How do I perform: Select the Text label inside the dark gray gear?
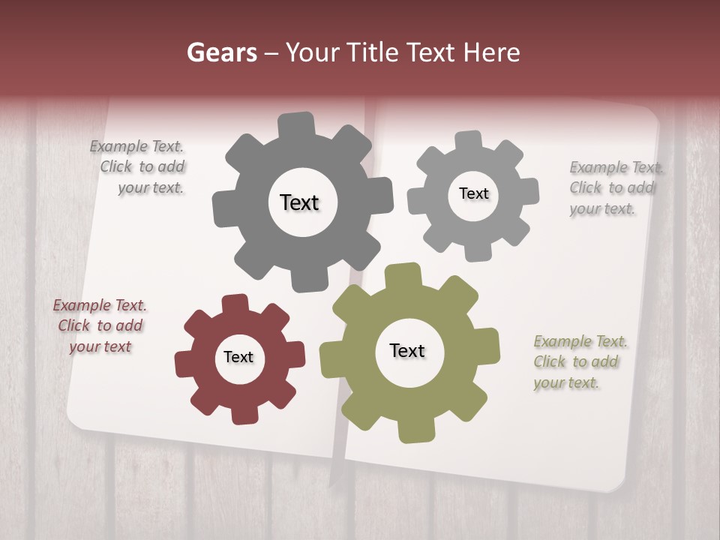coord(299,202)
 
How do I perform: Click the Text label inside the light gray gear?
coord(473,193)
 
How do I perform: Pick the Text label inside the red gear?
coord(238,357)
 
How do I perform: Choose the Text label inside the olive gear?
coord(407,350)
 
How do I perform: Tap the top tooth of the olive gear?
coord(403,275)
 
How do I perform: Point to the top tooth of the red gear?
coord(235,303)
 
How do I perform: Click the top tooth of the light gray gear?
coord(469,140)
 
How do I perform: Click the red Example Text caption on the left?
coord(100,325)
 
